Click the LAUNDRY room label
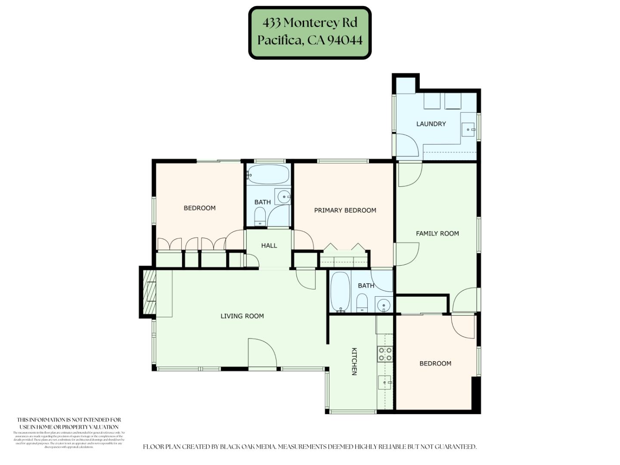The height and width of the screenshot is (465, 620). click(431, 124)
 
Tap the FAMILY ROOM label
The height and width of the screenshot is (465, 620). click(437, 233)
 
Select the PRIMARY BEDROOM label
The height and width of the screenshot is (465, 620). click(345, 210)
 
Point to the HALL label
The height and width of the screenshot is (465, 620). click(269, 245)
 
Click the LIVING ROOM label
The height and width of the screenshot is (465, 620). click(242, 316)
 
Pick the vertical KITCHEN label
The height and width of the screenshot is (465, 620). click(354, 362)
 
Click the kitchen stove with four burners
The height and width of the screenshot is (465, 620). click(385, 354)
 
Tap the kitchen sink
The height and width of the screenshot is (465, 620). click(384, 382)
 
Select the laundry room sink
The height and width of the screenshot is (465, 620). click(468, 129)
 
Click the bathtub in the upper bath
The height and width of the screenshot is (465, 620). click(269, 174)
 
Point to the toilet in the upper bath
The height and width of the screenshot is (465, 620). click(260, 216)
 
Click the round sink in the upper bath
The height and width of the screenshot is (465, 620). click(283, 197)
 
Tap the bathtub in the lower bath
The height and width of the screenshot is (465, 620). click(340, 291)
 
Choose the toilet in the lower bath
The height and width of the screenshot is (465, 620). click(362, 303)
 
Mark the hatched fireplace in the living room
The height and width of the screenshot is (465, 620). click(147, 292)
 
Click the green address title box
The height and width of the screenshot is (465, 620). click(310, 32)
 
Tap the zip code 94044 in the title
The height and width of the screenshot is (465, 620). click(345, 40)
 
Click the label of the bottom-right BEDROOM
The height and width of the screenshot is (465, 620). click(435, 363)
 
